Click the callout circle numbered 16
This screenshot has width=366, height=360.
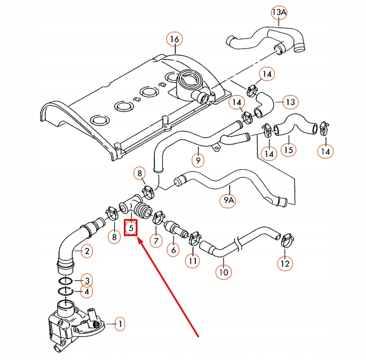[x=174, y=40]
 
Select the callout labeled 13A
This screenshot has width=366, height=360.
[x=279, y=12]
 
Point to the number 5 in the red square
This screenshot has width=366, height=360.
[x=131, y=228]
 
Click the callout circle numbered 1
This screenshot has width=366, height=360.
[x=119, y=325]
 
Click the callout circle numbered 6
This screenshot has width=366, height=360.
[x=173, y=249]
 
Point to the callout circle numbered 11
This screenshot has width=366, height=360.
[x=193, y=261]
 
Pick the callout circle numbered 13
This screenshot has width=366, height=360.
[x=290, y=102]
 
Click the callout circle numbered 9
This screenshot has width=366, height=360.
[x=197, y=161]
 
